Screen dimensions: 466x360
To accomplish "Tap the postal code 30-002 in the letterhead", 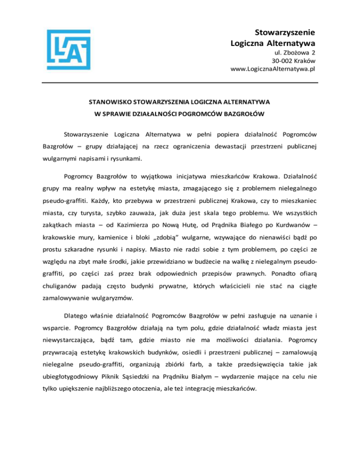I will [283, 60].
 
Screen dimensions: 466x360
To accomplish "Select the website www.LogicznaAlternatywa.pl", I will [272, 69].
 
